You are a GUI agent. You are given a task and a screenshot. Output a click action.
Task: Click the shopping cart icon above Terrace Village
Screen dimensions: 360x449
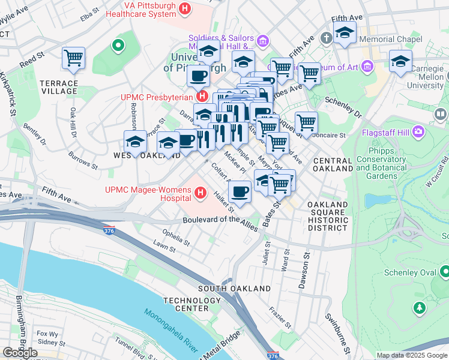click(73, 58)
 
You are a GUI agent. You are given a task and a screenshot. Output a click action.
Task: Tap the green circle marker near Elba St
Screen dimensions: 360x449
click(118, 44)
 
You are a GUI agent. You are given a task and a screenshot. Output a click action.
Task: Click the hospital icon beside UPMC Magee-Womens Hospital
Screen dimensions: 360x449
click(201, 193)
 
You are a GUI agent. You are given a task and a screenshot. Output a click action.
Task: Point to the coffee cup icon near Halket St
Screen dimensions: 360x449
click(240, 191)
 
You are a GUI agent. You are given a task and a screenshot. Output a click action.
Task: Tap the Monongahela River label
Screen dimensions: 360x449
click(170, 330)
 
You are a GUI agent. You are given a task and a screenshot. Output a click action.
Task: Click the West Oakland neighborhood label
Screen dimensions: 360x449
click(146, 155)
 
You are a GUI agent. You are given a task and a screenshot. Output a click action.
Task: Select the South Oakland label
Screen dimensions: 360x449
click(234, 289)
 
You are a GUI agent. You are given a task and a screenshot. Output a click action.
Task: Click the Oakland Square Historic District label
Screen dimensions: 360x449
click(328, 217)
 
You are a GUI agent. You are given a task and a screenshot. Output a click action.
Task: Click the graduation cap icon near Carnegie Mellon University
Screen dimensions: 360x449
click(400, 60)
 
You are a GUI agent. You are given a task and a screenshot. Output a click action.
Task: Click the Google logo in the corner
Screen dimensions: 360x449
click(20, 353)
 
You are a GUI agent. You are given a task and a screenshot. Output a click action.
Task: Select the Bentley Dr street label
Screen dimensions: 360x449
click(34, 134)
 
